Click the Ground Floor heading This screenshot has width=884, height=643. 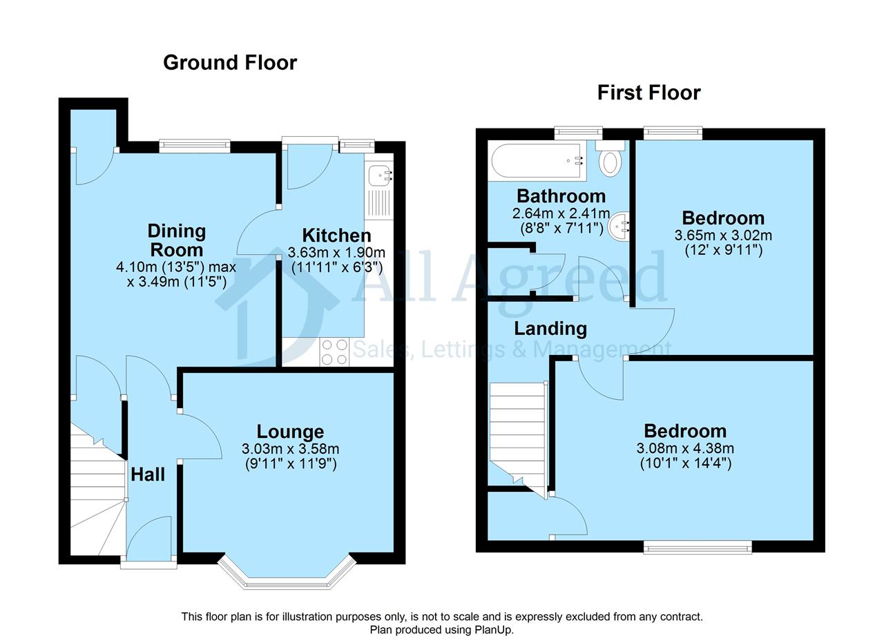pos(230,63)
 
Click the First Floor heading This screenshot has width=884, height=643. pos(648,93)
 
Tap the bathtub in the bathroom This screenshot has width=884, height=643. pos(537,160)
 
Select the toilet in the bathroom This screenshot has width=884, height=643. pos(611,159)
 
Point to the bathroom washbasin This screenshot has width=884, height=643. pos(619,226)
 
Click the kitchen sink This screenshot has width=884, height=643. pos(379,176)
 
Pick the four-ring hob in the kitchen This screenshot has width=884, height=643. pos(334,352)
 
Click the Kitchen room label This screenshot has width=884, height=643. pos(336,236)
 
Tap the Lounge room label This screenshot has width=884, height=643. pos(291,432)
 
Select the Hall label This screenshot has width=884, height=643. pos(148,474)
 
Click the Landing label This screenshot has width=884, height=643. pos(550,329)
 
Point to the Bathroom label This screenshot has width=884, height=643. pos(561,195)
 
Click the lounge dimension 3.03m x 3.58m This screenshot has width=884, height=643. pos(291,449)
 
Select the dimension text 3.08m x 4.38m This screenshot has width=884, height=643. pos(685,448)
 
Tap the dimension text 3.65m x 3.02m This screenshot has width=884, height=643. pos(723,236)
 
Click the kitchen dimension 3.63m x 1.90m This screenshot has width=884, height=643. pos(336,252)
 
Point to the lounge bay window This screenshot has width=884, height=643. pos(287,574)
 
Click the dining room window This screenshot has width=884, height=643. pos(195,146)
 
